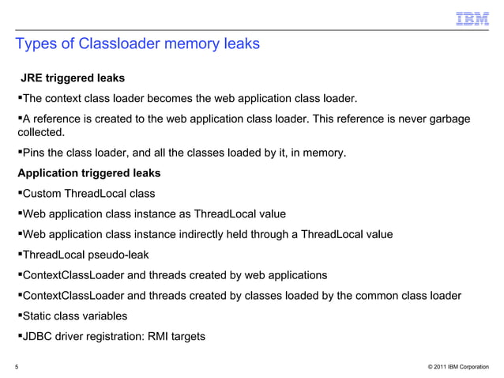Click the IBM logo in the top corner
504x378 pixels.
tap(472, 18)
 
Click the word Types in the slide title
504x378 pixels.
tap(35, 43)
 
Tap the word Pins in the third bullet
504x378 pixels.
tap(36, 153)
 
